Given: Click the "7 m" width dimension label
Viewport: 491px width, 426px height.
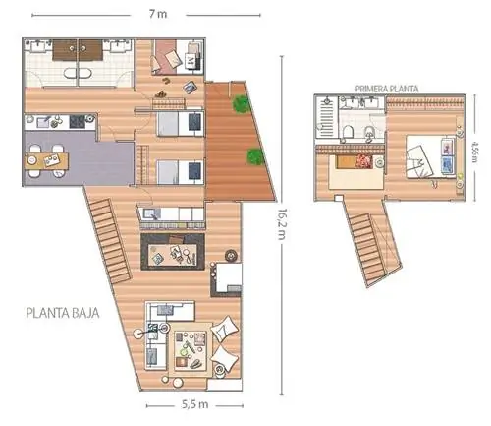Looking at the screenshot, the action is point(158,14).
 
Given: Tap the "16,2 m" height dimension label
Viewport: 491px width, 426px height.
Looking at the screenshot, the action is point(281,224).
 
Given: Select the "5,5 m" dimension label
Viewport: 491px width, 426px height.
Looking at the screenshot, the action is point(195,404).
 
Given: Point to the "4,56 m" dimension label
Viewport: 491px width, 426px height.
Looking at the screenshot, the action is point(474,152).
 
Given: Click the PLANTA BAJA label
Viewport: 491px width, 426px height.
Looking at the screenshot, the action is point(62,313).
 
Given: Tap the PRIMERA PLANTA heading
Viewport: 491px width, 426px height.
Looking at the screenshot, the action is point(387,89).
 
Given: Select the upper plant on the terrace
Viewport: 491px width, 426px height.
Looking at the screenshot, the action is point(242,103).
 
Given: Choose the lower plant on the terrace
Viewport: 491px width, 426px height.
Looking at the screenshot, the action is point(255,156).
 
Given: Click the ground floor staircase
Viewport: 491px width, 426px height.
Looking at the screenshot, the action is point(110,241).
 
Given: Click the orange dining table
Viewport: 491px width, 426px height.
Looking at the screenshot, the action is point(46,161).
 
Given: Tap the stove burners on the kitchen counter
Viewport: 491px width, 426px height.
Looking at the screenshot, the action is point(78,122).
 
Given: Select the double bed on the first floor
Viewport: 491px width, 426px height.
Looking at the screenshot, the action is point(431,156).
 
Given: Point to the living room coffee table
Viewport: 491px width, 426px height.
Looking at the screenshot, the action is point(191,349).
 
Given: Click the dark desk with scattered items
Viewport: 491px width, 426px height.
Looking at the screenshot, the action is point(173,252).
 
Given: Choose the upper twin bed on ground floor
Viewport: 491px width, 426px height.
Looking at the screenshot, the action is point(180,123).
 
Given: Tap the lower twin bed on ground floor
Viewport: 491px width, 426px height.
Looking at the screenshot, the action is point(180,172).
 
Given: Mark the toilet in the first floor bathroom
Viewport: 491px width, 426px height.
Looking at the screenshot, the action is point(348,132).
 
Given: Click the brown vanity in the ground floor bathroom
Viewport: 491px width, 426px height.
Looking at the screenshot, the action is point(78,50).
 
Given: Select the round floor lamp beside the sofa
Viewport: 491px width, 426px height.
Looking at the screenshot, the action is point(137,334).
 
